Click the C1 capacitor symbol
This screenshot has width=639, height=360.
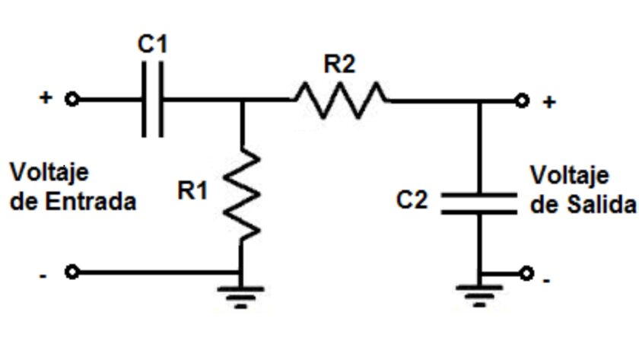[152, 100]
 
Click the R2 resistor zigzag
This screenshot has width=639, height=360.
[339, 100]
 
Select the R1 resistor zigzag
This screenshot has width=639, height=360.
[241, 193]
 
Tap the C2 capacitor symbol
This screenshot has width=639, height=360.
[479, 201]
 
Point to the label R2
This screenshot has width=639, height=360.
[339, 65]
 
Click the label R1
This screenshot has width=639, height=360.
[192, 191]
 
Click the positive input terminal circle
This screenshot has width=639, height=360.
[72, 100]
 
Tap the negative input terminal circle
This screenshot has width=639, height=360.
[72, 272]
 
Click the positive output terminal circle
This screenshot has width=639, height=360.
[521, 100]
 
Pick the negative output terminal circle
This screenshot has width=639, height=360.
[526, 272]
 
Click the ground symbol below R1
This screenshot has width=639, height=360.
[241, 296]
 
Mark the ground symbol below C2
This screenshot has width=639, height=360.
[479, 295]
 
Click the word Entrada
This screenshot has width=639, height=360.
[100, 203]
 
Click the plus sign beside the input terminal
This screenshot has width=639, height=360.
[46, 98]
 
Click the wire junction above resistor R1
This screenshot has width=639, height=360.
[241, 100]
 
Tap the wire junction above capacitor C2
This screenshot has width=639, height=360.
[479, 100]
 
